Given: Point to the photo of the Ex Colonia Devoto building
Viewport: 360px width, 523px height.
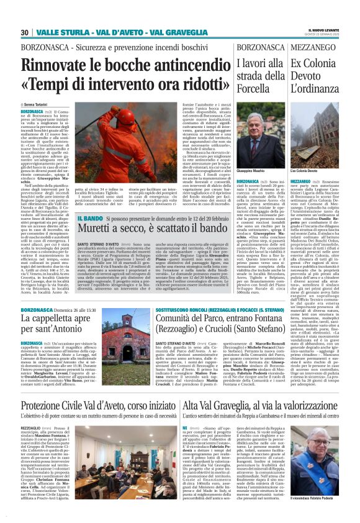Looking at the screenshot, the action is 315,137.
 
